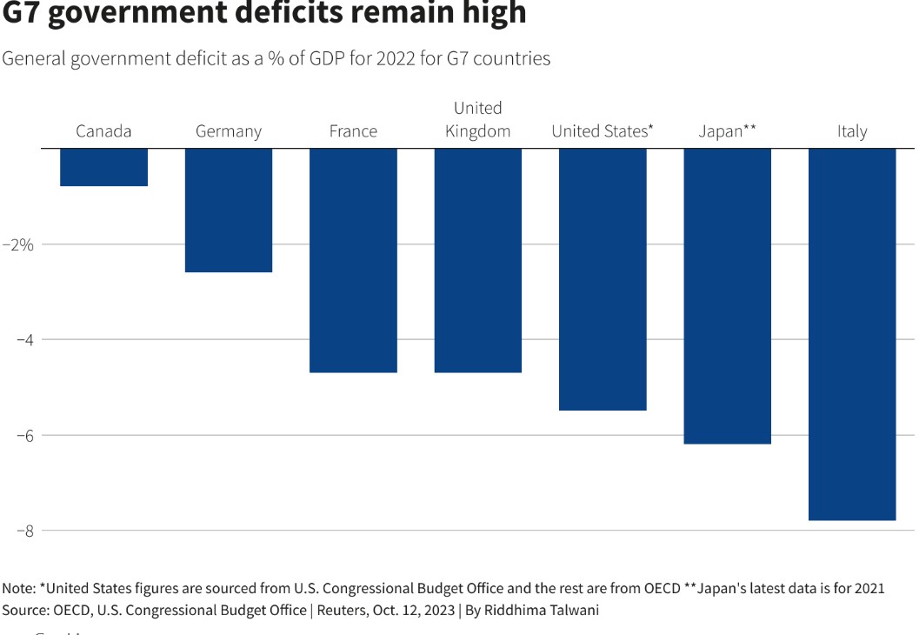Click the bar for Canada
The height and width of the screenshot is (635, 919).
pos(103,167)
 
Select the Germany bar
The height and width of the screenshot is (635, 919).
pos(229,211)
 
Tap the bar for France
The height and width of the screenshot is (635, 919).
pos(353,260)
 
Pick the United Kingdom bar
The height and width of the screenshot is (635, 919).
pos(478,260)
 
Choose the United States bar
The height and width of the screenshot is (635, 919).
pos(603,279)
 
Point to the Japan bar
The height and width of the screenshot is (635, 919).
pos(728,296)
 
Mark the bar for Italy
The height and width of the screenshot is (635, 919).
pos(852,334)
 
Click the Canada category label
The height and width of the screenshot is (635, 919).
pos(103,131)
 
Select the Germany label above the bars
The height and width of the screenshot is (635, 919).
pos(229,131)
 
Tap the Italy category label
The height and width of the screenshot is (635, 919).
pos(852,131)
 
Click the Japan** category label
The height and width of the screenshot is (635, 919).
pos(728,131)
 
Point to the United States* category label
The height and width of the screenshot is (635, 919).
pos(603,131)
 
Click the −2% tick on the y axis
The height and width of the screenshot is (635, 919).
pos(18,244)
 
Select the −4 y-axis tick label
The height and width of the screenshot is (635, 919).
pos(24,339)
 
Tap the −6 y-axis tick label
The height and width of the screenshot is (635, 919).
pos(24,435)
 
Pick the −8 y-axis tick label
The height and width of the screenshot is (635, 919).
pos(24,531)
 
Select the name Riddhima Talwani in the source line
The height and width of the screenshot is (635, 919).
pos(541,610)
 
